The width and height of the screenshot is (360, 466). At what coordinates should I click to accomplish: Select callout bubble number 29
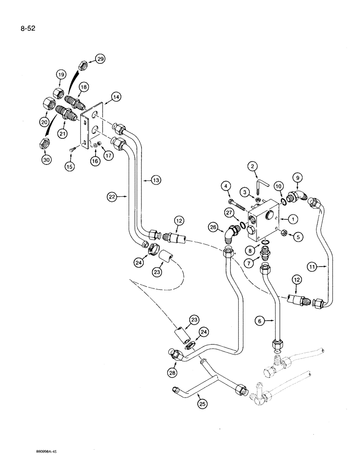100,58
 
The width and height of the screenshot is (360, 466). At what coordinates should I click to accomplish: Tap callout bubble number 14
116,97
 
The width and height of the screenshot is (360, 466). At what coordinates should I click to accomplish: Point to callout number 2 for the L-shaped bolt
252,165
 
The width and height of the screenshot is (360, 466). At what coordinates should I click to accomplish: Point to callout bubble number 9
297,177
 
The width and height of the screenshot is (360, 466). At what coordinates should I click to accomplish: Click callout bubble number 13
155,180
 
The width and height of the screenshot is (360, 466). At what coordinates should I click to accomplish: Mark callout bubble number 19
62,75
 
